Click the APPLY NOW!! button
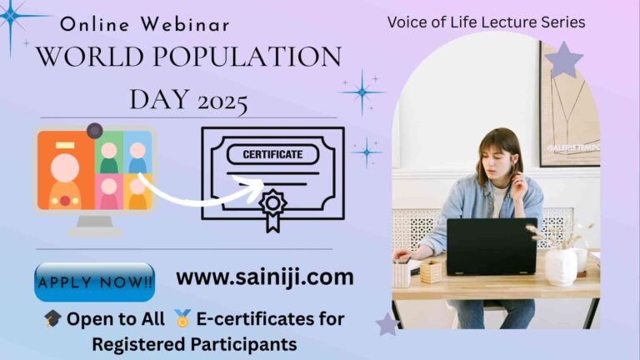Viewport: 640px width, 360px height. point(95,282)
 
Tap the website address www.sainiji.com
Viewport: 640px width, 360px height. point(265,277)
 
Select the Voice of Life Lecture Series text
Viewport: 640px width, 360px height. point(486,22)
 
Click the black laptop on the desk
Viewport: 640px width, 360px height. point(491,247)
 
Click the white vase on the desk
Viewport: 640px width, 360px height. point(561,265)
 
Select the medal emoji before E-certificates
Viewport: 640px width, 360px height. point(182,319)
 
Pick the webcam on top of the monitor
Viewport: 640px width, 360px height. point(94,131)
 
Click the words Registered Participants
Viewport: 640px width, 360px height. point(194,343)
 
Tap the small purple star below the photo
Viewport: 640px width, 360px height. point(387,323)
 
